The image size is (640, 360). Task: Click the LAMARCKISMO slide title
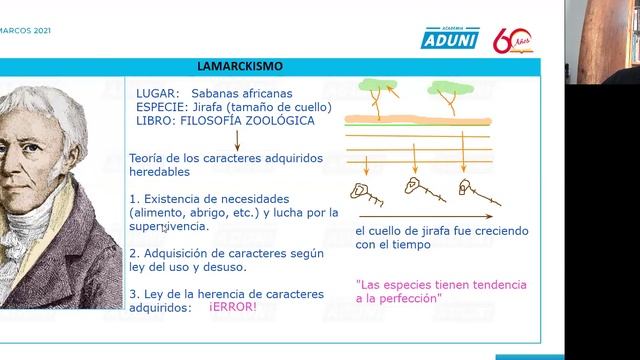(x=240, y=66)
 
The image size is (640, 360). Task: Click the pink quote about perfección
(x=411, y=290)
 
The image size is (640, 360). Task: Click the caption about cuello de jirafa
(x=424, y=237)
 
